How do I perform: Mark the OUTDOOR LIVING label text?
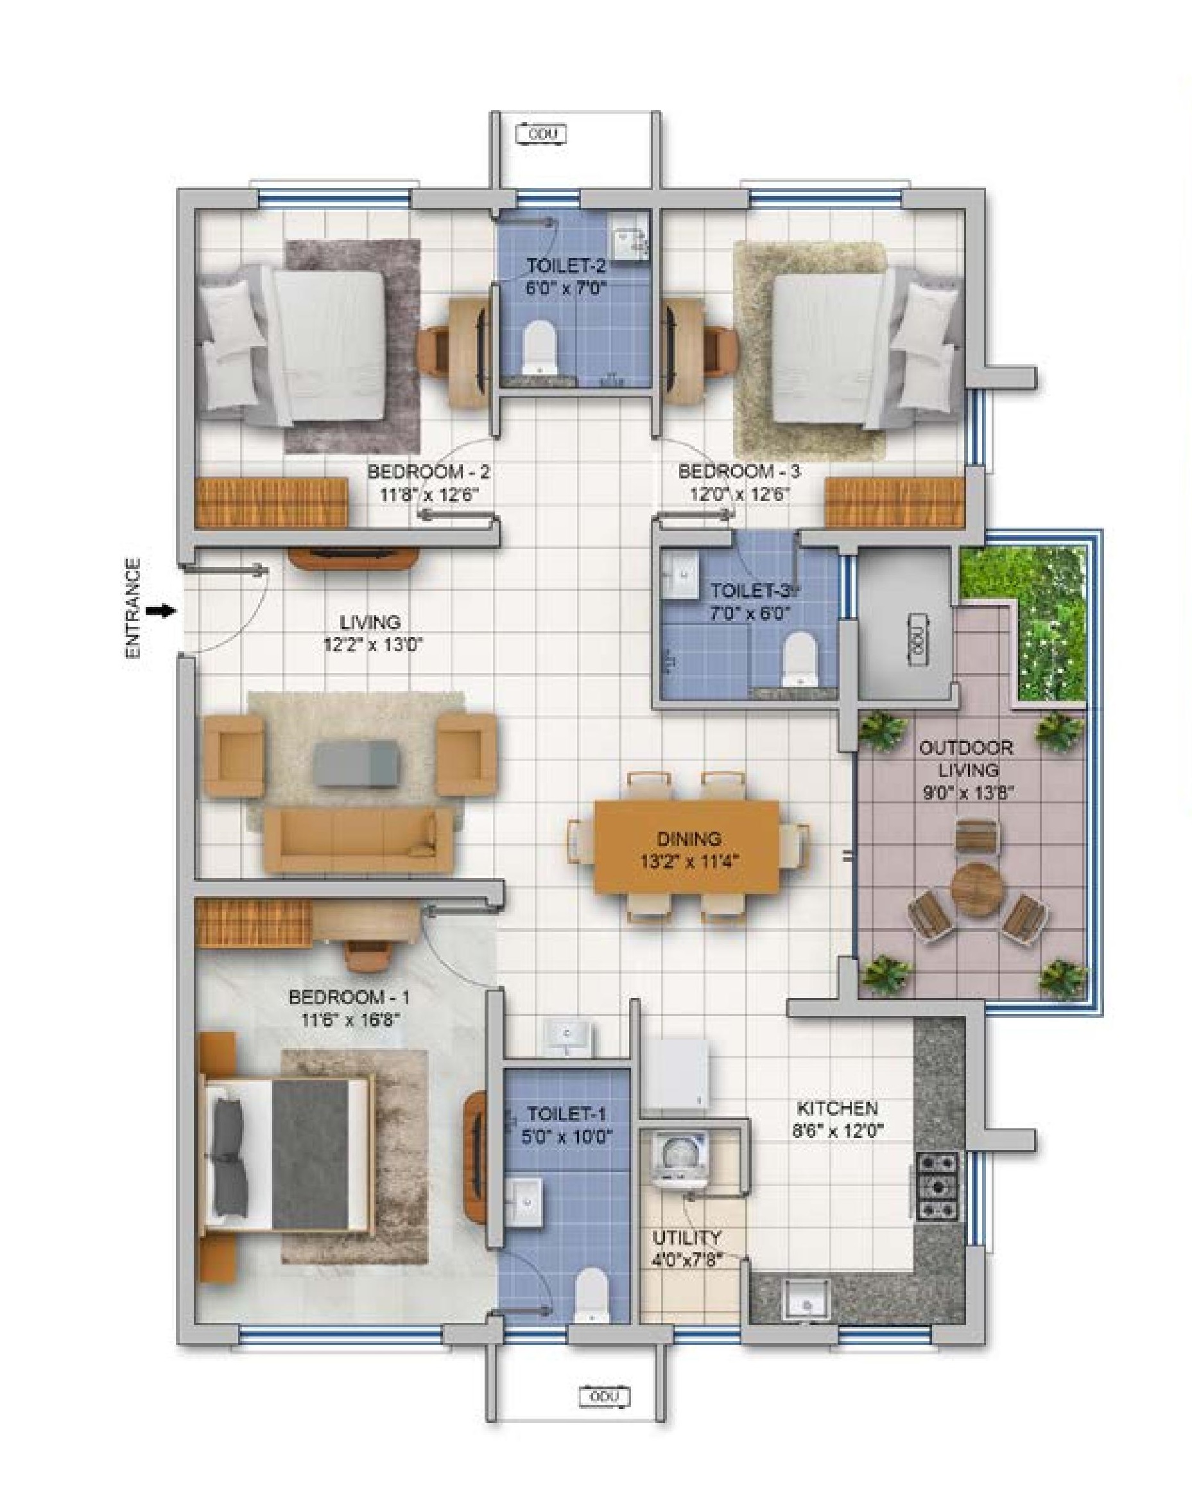tap(967, 758)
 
